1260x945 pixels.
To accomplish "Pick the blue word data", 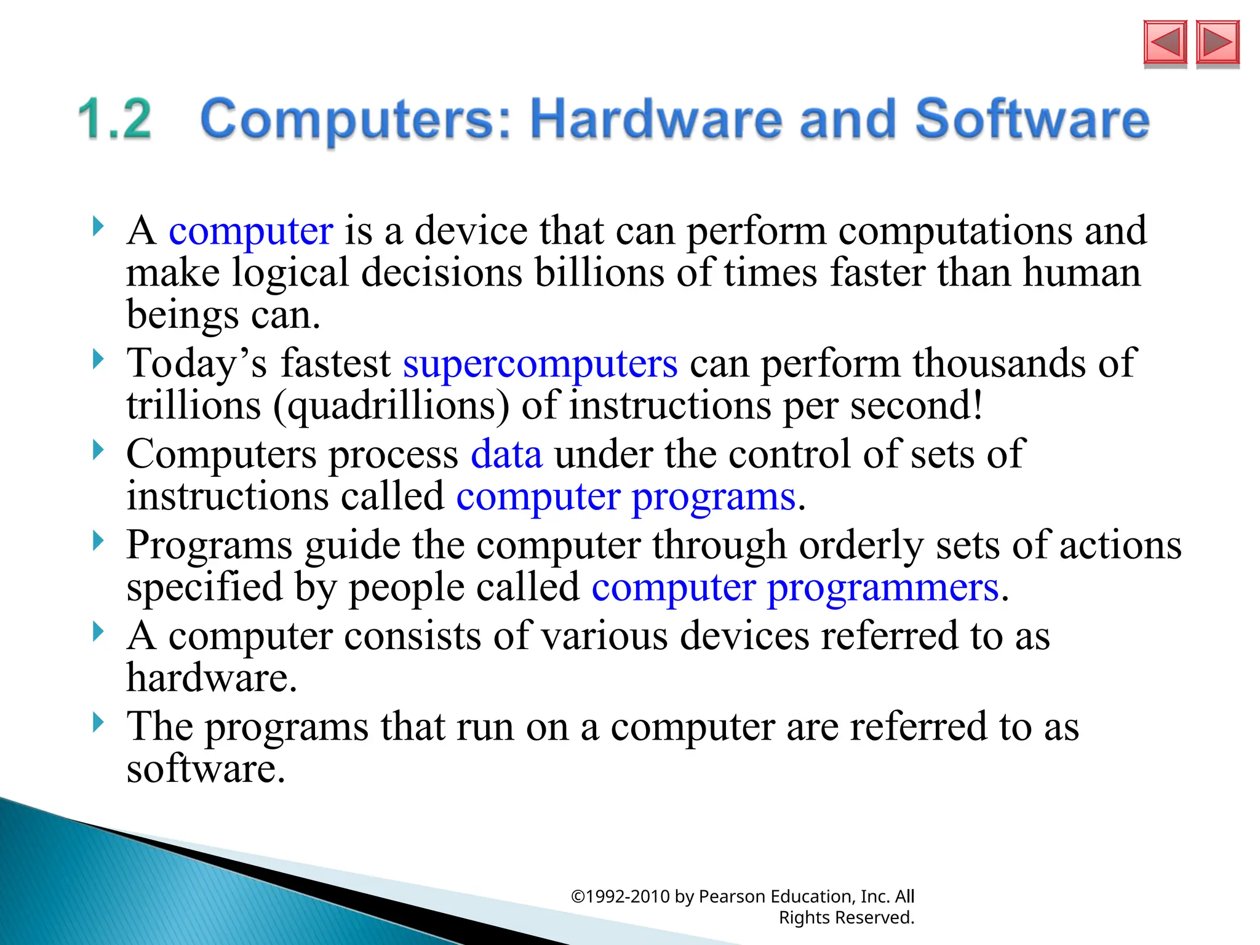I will pos(506,454).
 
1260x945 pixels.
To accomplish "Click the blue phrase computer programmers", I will pos(795,587).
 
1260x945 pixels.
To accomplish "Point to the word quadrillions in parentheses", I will pos(392,406).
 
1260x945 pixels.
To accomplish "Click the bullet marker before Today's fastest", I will pos(98,359).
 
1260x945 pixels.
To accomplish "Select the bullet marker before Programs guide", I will pos(98,541).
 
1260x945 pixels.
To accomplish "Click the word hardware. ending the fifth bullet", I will pos(212,678).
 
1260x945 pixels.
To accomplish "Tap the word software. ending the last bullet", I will pos(206,769).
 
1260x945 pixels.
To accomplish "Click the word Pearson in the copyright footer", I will pos(732,896).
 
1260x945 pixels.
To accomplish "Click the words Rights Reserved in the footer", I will pos(847,917).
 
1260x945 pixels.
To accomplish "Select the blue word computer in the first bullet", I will pos(251,231).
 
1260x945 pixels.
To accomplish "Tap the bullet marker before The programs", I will pos(98,722).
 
